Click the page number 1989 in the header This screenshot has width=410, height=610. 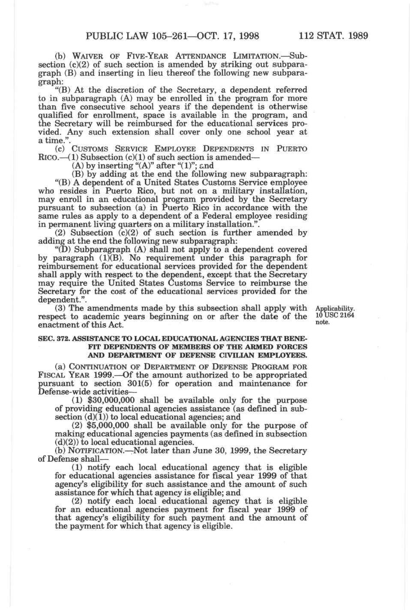click(x=356, y=36)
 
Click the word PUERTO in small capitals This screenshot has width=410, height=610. click(x=292, y=149)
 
